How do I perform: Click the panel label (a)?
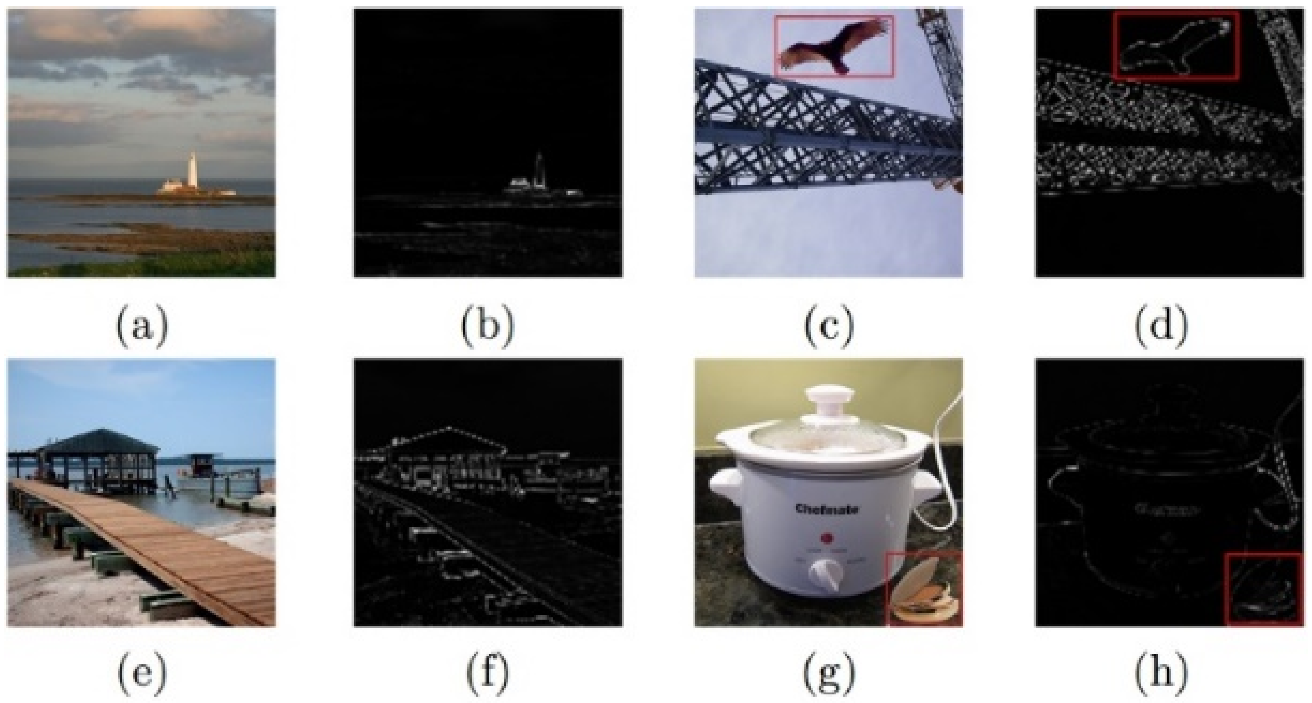tap(141, 325)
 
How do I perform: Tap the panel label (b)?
tap(487, 325)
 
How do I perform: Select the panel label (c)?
tap(828, 325)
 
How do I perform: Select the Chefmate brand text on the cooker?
tap(827, 508)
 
